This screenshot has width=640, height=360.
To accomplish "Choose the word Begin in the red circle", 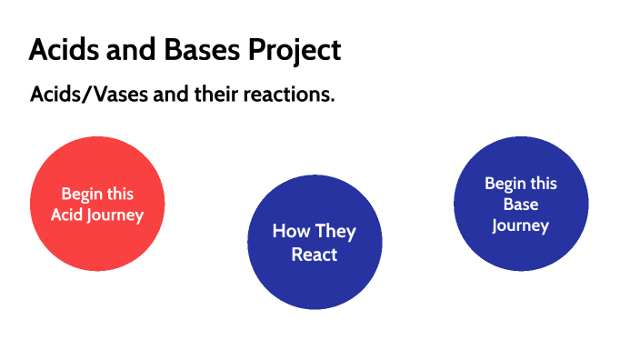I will point(81,194).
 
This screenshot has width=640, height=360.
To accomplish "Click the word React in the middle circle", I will point(315,255).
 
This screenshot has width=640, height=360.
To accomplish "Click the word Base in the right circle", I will point(521,205).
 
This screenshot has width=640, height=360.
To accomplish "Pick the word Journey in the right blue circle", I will point(521,225).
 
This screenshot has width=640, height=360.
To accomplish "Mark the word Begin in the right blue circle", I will point(504,184).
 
